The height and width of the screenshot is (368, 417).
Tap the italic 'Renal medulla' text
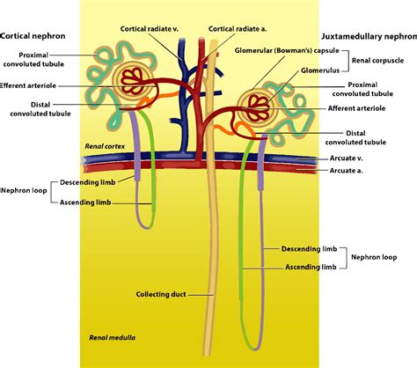coord(110,337)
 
